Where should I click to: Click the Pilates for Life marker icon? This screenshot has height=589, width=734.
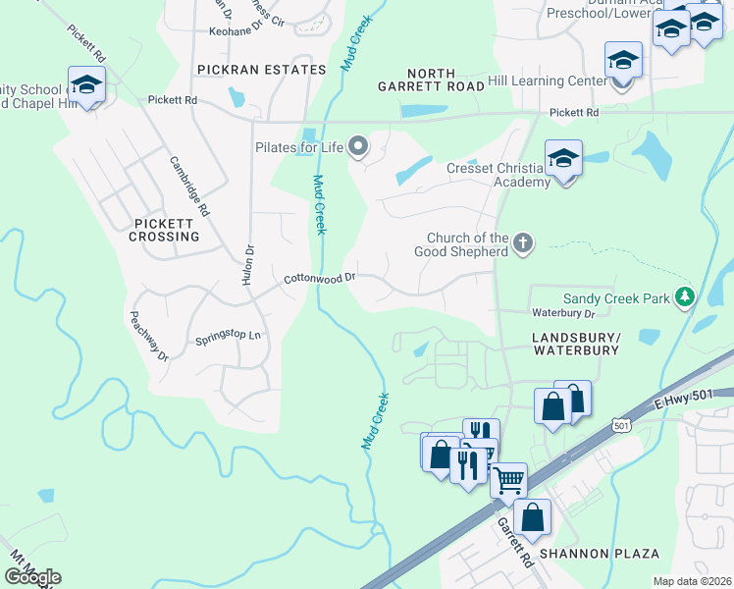[358, 147]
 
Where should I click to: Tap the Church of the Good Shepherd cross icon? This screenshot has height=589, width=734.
[523, 242]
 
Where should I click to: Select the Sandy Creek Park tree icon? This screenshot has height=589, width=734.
[686, 296]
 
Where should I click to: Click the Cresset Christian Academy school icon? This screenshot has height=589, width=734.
[563, 159]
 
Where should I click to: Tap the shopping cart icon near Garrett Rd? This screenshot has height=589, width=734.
[508, 481]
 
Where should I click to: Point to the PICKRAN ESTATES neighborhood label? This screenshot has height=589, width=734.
[261, 70]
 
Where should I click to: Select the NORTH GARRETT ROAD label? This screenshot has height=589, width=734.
[432, 80]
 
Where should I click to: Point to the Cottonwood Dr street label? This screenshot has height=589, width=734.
[319, 279]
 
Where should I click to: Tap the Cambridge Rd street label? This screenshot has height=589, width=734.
[189, 187]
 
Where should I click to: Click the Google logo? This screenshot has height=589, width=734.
[32, 576]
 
